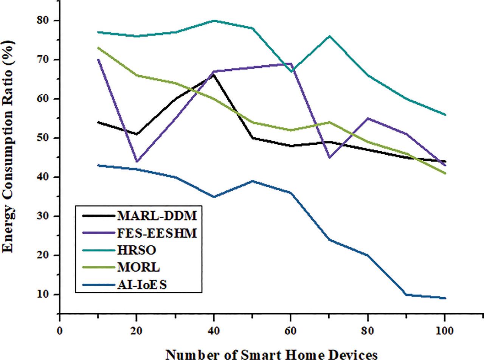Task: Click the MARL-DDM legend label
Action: pos(157,216)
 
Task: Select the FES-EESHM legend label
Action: pos(157,233)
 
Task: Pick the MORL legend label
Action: pos(138,267)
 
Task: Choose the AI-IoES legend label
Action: pos(142,284)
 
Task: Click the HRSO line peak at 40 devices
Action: pos(214,20)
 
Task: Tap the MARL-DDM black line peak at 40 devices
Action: pos(214,75)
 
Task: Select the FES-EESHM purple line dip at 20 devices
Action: pos(137,161)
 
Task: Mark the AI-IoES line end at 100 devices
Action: pos(445,298)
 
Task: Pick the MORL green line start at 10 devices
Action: pos(98,48)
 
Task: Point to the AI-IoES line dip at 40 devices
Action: pos(214,197)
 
